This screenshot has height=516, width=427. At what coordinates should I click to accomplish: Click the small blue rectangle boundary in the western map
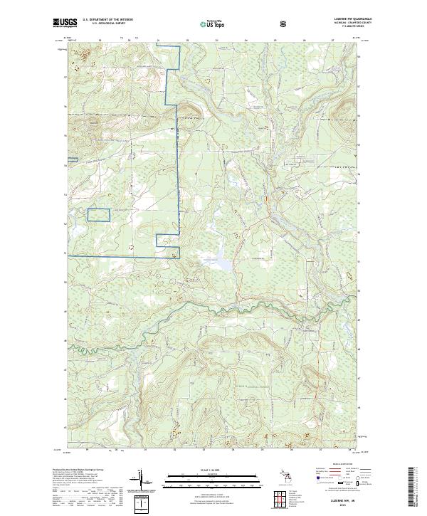(100, 214)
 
